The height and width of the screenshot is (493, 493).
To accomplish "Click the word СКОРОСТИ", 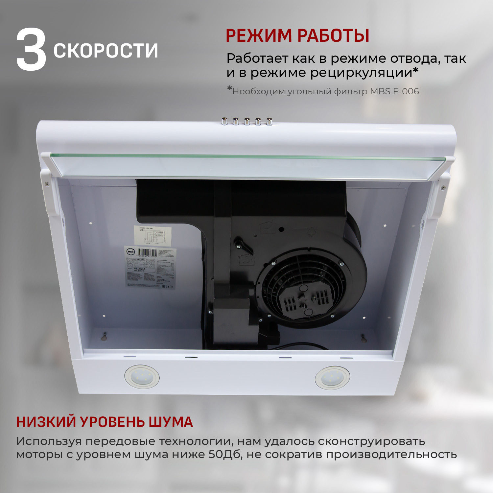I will [106, 51].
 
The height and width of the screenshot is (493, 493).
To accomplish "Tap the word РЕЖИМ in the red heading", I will [259, 35].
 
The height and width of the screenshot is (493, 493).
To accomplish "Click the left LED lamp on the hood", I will [142, 377].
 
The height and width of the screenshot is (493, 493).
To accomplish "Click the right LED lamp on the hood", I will [332, 378].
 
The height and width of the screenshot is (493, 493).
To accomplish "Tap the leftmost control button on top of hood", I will [225, 121].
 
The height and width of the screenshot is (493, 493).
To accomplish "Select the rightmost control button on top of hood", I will [269, 121].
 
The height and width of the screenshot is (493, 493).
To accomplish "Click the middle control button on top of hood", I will [247, 121].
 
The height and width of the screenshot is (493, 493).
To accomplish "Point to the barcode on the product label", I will [147, 253].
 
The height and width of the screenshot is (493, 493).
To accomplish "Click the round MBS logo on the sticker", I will [130, 251].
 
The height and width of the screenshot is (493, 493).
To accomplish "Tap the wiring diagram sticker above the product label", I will [152, 235].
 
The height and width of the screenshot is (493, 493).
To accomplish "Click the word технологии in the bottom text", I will [196, 441].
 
